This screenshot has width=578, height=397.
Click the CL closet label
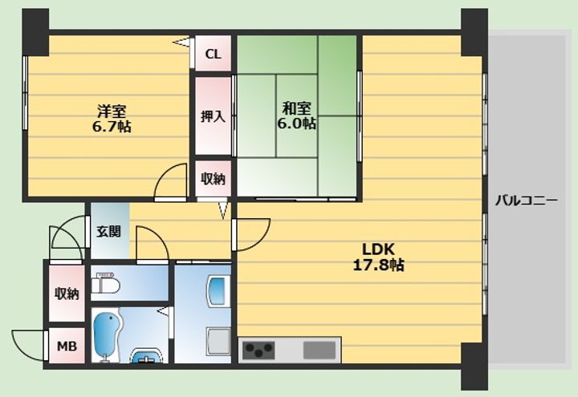pyautogui.click(x=213, y=55)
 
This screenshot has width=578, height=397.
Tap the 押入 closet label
pyautogui.click(x=213, y=116)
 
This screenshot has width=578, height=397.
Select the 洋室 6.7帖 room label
pyautogui.click(x=112, y=118)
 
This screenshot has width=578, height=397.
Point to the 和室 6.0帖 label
pyautogui.click(x=296, y=115)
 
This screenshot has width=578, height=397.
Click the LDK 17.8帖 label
pyautogui.click(x=379, y=257)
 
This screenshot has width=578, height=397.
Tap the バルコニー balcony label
pyautogui.click(x=526, y=201)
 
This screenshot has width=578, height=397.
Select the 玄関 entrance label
pyautogui.click(x=108, y=231)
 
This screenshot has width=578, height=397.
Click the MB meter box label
pyautogui.click(x=67, y=346)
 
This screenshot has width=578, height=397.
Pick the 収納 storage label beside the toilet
pyautogui.click(x=67, y=294)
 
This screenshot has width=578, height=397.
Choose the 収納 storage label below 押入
pyautogui.click(x=213, y=179)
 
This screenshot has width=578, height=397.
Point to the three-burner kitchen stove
pyautogui.click(x=258, y=350)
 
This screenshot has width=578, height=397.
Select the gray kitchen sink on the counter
pyautogui.click(x=320, y=350)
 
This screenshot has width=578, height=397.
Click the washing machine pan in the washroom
pyautogui.click(x=219, y=342)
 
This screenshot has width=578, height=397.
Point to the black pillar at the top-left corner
pyautogui.click(x=35, y=32)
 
